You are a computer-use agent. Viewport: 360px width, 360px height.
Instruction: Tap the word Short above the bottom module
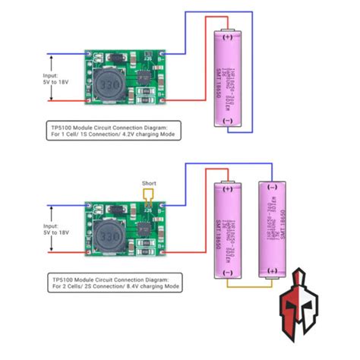point(149,183)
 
